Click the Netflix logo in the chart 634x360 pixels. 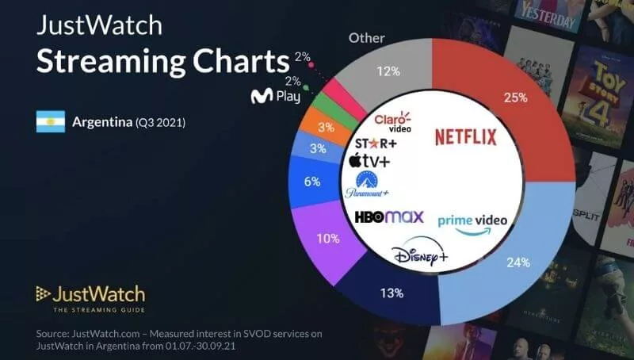pyautogui.click(x=465, y=137)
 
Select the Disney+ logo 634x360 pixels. pyautogui.click(x=420, y=255)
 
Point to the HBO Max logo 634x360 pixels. pyautogui.click(x=388, y=216)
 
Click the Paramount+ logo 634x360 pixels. pyautogui.click(x=367, y=185)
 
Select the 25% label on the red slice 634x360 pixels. pyautogui.click(x=515, y=98)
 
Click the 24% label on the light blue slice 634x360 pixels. pyautogui.click(x=518, y=263)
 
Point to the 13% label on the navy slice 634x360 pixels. pyautogui.click(x=391, y=293)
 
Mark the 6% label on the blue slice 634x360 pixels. pyautogui.click(x=312, y=182)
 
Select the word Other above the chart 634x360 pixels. pyautogui.click(x=367, y=37)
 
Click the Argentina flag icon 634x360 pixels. pyautogui.click(x=50, y=121)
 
